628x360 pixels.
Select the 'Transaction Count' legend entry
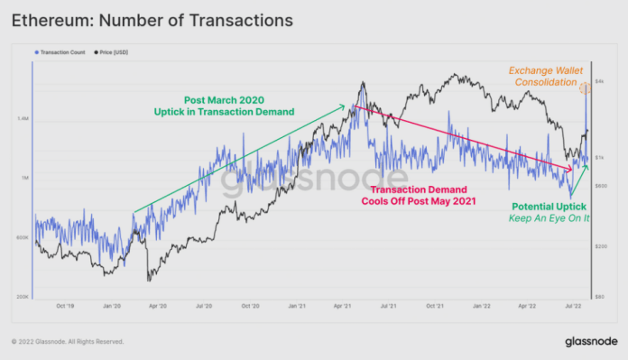[x=63, y=52]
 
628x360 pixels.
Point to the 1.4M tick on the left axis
[x=23, y=119]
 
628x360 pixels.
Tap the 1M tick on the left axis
[x=24, y=179]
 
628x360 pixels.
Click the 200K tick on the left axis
[x=23, y=297]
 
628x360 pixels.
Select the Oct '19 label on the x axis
[x=65, y=307]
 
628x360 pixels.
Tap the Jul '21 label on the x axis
[x=390, y=307]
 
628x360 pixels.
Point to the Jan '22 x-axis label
[x=483, y=307]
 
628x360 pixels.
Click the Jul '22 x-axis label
[x=574, y=307]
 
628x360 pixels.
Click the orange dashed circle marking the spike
[x=585, y=88]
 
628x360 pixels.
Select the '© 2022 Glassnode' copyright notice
[x=67, y=342]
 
